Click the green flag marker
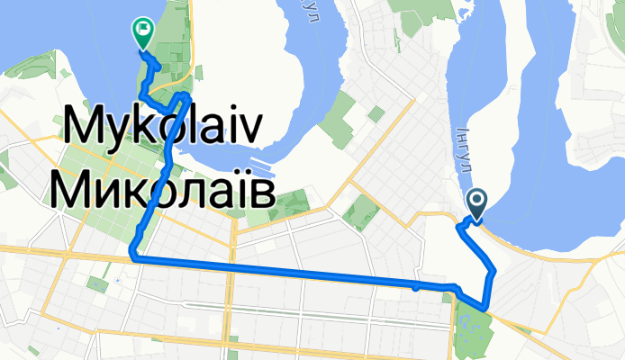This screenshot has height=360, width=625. click(x=142, y=32)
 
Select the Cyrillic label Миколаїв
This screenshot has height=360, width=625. click(x=159, y=186)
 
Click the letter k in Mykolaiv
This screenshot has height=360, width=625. click(x=146, y=132)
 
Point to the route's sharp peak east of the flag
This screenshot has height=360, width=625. click(x=185, y=94)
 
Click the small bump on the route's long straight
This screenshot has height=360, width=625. click(x=414, y=288)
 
